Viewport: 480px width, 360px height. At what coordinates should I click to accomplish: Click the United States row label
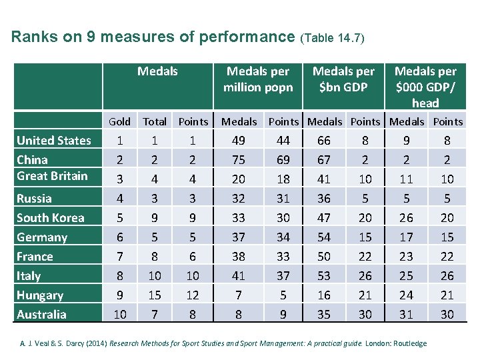(x=53, y=140)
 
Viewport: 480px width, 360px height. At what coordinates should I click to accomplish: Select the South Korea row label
(x=50, y=217)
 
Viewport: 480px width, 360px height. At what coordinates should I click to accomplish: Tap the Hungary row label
(x=40, y=295)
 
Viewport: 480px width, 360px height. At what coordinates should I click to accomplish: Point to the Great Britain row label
(x=52, y=176)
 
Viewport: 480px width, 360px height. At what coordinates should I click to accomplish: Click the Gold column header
(x=119, y=121)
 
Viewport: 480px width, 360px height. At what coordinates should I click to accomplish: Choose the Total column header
(x=155, y=121)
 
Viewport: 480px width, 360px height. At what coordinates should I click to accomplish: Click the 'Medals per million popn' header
(x=258, y=79)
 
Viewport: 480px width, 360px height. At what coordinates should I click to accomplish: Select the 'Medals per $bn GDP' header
(x=343, y=79)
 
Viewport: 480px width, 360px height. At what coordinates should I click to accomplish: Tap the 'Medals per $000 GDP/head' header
(x=425, y=87)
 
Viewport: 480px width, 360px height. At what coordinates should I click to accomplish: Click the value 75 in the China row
(x=238, y=159)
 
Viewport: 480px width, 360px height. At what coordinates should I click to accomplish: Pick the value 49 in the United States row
(x=238, y=140)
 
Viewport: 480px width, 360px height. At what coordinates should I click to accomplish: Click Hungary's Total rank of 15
(x=155, y=295)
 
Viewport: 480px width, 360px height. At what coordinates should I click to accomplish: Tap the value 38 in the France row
(x=238, y=256)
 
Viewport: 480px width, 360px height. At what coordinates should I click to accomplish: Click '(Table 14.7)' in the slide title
(x=333, y=38)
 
